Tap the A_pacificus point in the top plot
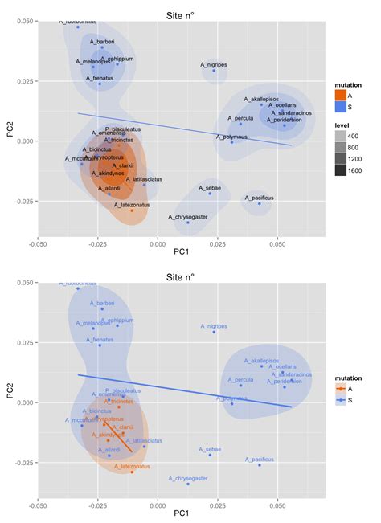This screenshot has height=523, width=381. [x=259, y=203]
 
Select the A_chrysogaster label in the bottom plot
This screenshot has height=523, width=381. [x=187, y=478]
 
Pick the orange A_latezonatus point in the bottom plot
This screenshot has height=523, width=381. [x=132, y=472]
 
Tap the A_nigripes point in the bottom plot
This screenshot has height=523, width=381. [x=214, y=332]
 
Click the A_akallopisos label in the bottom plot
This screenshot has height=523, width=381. [x=261, y=360]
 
